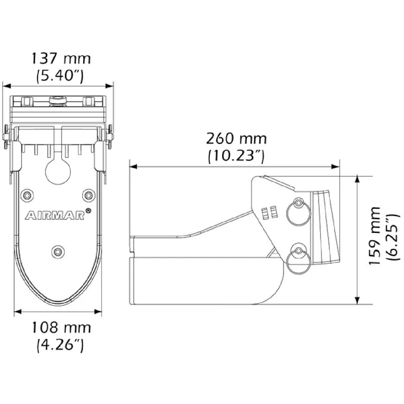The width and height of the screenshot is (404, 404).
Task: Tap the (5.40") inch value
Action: coord(60,75)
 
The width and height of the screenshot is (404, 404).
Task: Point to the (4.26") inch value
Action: coord(60,345)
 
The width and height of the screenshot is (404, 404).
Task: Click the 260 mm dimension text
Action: coord(236,139)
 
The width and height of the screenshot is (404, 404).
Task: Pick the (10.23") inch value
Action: coord(236,156)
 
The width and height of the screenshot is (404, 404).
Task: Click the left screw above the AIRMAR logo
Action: coord(27,196)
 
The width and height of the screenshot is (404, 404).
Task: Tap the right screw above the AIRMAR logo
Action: coord(88,196)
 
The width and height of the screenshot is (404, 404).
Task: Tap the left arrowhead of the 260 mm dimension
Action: coord(133,167)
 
